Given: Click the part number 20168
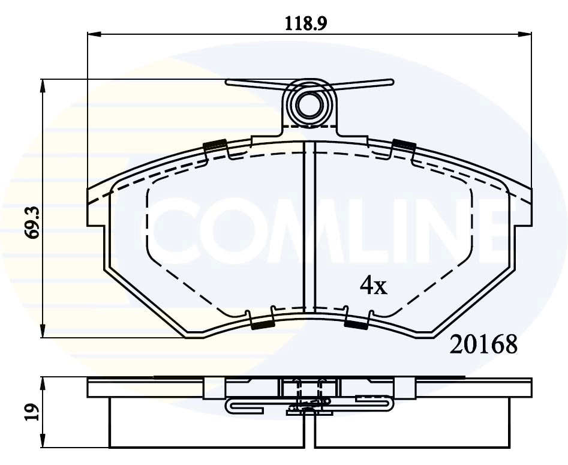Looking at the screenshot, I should [483, 346].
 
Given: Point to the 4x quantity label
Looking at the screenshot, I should [373, 287].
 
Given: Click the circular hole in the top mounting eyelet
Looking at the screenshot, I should [310, 106].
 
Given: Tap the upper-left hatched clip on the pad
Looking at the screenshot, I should [214, 145].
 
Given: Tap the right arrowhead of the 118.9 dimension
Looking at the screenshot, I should [525, 34].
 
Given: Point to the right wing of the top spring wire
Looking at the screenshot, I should [366, 84].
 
